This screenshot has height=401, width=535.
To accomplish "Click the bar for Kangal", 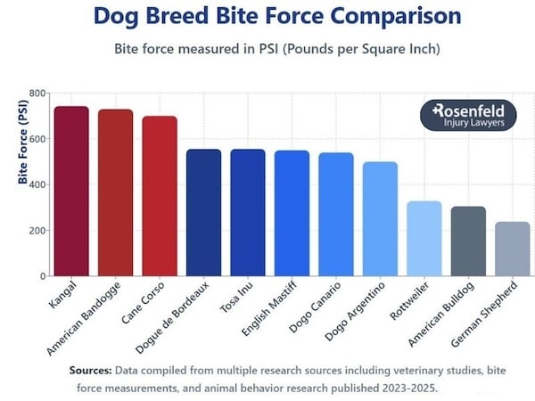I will click(71, 192).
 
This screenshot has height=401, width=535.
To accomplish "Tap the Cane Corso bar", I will click(160, 196).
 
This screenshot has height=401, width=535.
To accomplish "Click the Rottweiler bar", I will click(424, 239).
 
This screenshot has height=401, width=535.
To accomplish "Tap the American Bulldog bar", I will click(468, 241).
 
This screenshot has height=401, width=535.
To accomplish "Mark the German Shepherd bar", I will click(513, 250).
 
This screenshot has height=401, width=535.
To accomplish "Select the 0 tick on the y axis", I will click(42, 276).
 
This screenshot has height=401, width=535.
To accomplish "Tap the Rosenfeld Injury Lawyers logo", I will click(467, 116).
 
